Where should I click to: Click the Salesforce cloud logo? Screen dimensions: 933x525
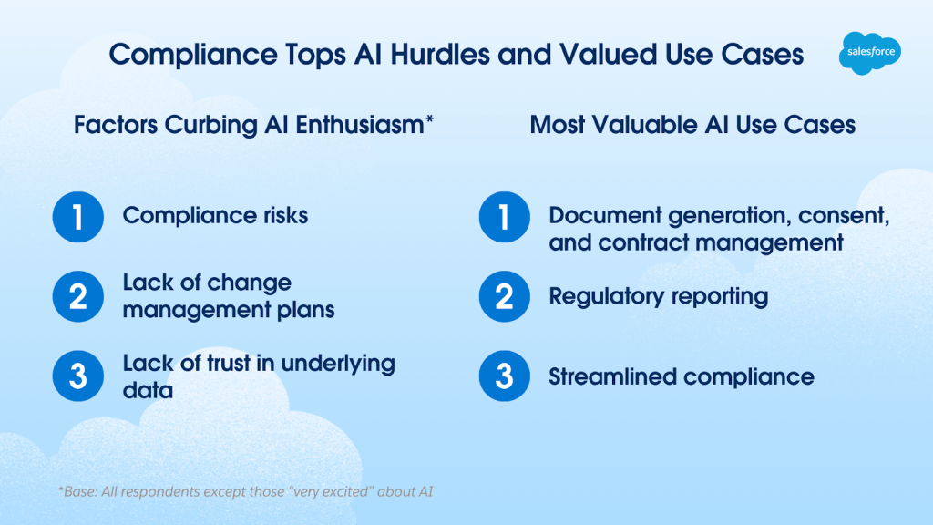point(870,53)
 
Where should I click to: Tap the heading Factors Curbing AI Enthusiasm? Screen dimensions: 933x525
point(253,125)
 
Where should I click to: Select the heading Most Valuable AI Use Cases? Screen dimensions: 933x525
point(692,125)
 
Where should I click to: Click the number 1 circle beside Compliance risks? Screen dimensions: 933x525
point(78,217)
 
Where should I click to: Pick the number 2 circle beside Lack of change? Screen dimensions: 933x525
point(78,296)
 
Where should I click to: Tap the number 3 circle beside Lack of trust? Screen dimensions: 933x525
point(78,376)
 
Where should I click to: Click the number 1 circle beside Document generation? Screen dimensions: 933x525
point(505,217)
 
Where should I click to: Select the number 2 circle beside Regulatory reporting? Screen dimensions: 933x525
point(505,296)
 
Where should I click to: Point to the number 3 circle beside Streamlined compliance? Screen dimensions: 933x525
point(505,376)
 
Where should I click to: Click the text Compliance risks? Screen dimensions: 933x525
point(215,215)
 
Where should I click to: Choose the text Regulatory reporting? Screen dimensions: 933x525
point(659,296)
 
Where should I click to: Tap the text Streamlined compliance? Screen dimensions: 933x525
point(682,376)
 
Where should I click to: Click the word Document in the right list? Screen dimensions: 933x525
point(605,215)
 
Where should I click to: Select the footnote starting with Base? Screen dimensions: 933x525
point(245,491)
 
